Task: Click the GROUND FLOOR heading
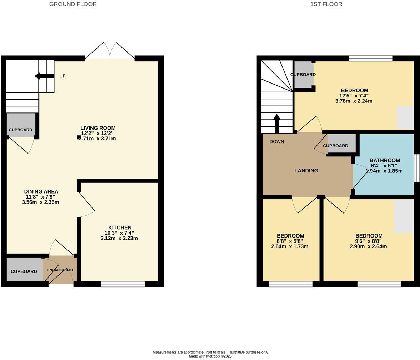coord(73,4)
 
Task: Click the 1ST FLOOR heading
coord(326,4)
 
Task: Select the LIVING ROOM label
coord(98,128)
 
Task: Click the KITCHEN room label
coord(120,227)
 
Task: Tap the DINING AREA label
coord(41,191)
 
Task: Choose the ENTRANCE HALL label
coord(61,270)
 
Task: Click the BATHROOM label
coord(385,160)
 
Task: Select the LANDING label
coord(306,171)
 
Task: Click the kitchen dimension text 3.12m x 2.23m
coord(119,238)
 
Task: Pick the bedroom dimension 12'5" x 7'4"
coord(354,96)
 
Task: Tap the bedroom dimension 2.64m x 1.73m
coord(290,246)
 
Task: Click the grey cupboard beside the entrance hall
coord(24,271)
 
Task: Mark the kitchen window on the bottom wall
coord(123,284)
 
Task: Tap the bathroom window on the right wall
coord(416,168)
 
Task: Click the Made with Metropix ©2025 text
coord(210,356)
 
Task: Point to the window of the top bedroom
coord(371,59)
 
